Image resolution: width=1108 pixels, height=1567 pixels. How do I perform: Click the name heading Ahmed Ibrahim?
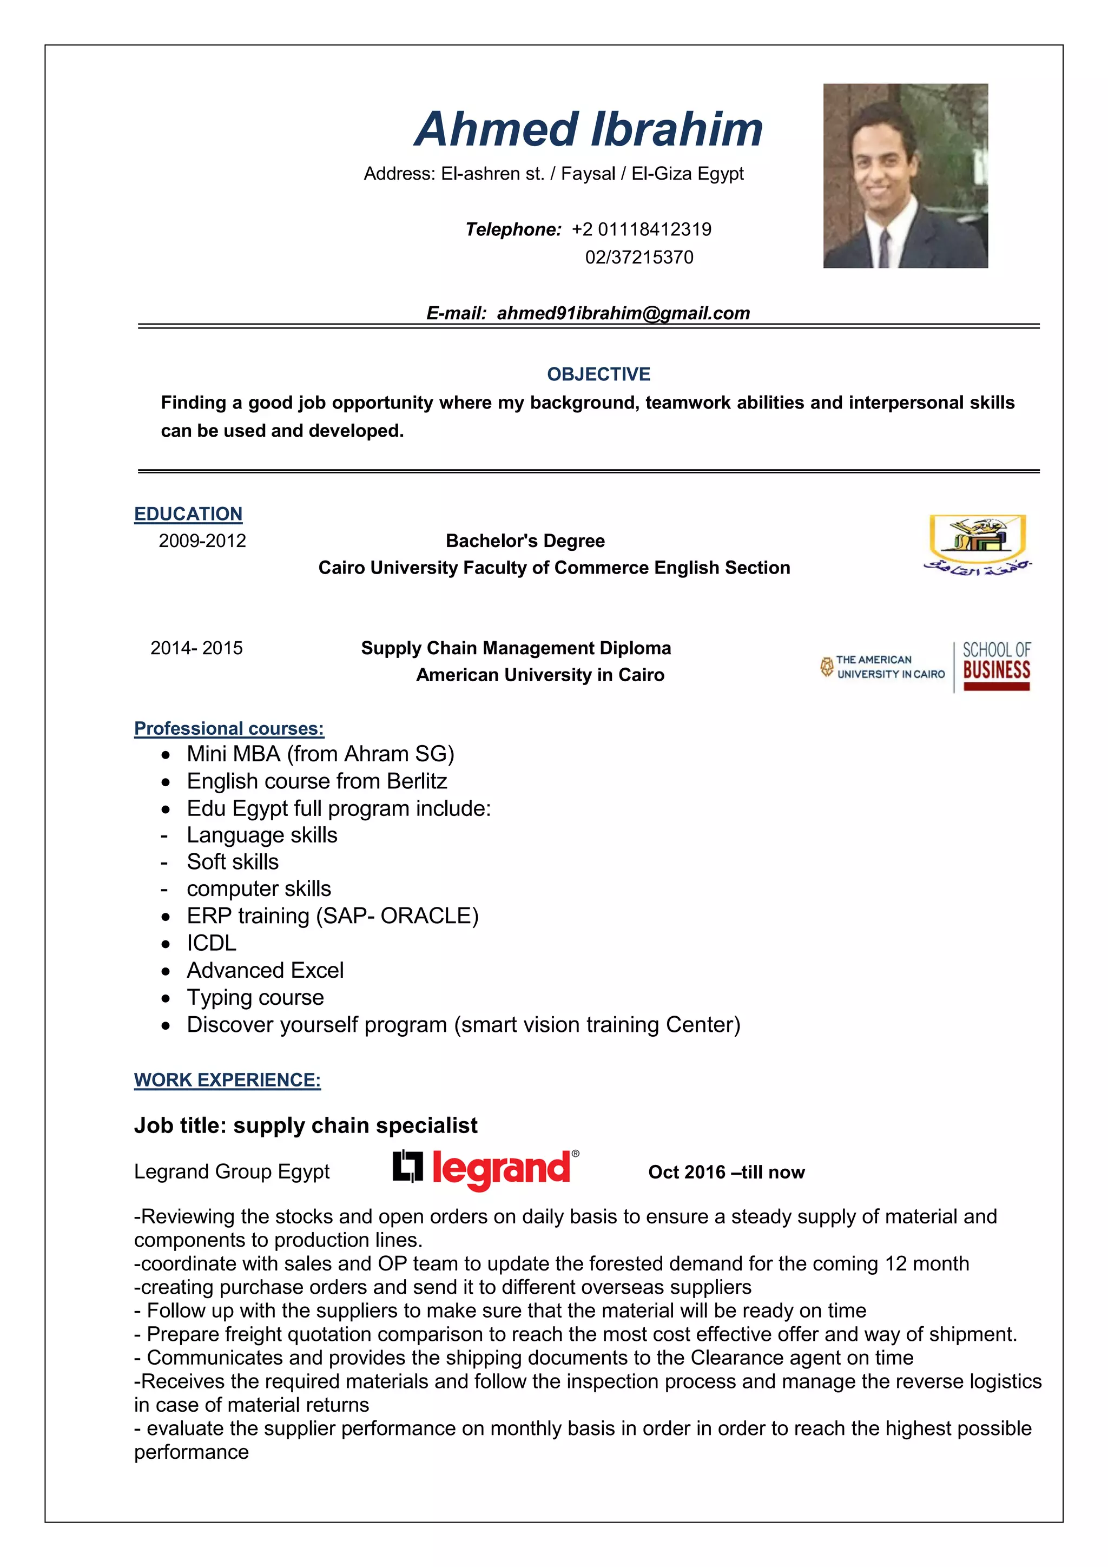coord(588,130)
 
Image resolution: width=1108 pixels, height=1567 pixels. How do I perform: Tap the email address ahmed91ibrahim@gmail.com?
coord(623,313)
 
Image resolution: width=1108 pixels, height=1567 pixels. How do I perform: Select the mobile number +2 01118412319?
coord(641,229)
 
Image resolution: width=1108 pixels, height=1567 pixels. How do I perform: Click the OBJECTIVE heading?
coord(598,374)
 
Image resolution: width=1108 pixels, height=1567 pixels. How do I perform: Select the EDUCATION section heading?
coord(188,514)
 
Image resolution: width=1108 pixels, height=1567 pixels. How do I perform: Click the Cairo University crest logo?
coord(977,543)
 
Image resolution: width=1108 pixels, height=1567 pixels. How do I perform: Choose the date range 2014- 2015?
coord(196,648)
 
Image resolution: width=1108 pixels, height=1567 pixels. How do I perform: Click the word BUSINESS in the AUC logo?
coord(996,670)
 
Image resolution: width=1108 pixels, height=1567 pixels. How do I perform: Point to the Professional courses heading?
coord(228,729)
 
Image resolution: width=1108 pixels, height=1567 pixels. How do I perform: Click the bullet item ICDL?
coord(212,943)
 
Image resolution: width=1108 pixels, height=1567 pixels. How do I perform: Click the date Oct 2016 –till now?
coord(726,1173)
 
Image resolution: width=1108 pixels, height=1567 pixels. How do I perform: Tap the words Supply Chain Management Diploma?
coord(516,648)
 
